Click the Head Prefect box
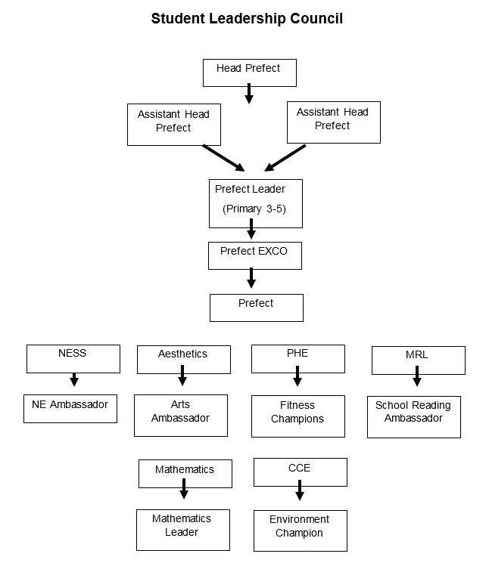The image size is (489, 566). (250, 73)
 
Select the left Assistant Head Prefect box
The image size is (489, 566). (174, 125)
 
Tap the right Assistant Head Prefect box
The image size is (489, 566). (334, 122)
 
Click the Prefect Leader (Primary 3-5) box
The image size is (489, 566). (256, 203)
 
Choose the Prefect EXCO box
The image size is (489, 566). (255, 255)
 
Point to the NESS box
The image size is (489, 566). (73, 359)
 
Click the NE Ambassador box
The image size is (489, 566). (70, 409)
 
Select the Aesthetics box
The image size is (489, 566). (184, 360)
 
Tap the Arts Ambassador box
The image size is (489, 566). (181, 416)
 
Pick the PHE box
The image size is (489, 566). (298, 359)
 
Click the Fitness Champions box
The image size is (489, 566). (298, 416)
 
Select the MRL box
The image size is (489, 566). (419, 360)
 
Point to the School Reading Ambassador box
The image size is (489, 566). (414, 417)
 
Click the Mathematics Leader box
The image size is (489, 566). (183, 530)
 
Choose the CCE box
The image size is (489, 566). (301, 472)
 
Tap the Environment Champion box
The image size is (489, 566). (301, 530)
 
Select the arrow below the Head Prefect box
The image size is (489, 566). (249, 94)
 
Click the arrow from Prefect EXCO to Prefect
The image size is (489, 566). (251, 277)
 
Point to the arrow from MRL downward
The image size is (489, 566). (417, 376)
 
